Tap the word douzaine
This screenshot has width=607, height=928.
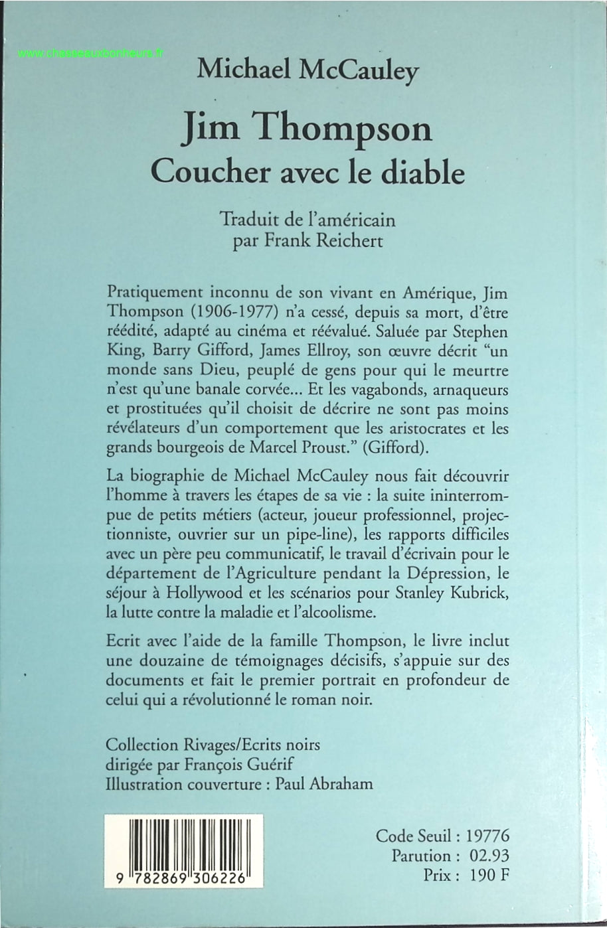164,661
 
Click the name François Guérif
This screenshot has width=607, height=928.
244,763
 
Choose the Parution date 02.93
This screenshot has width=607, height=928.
488,855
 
